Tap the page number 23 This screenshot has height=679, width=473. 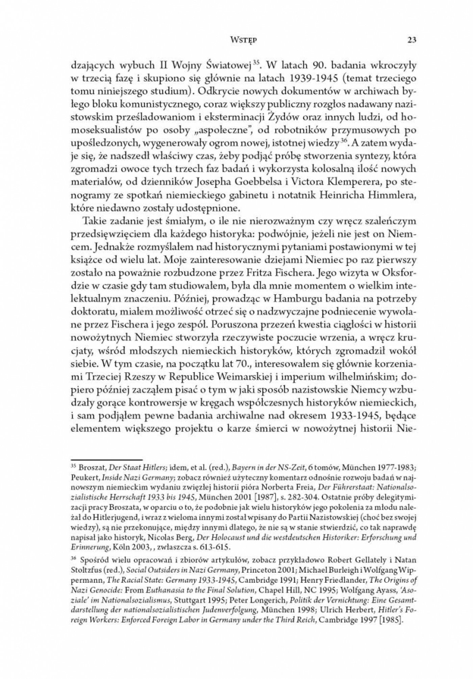tap(411, 40)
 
